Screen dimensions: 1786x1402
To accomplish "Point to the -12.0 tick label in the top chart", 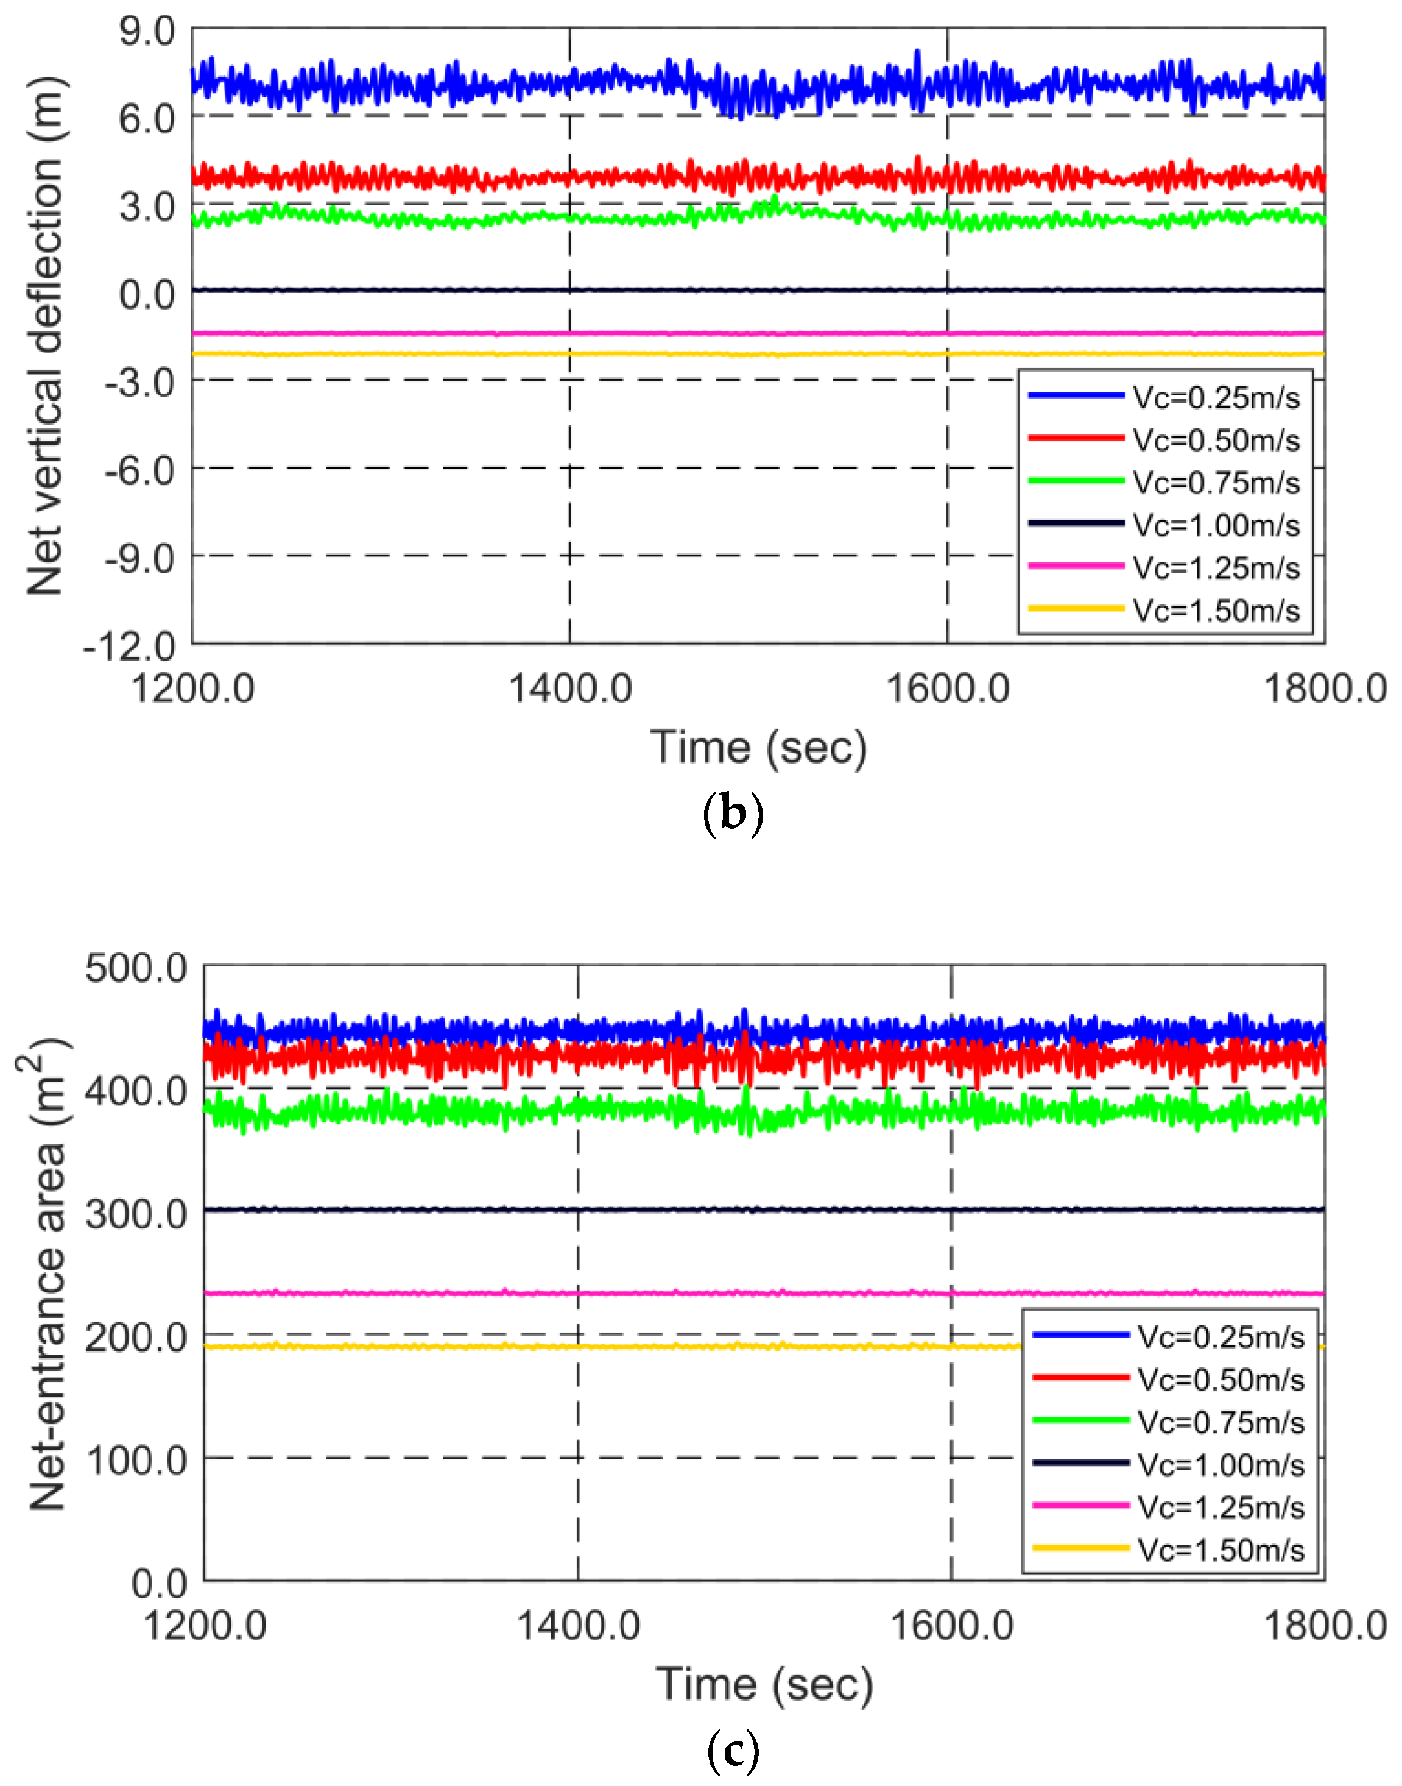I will (129, 647).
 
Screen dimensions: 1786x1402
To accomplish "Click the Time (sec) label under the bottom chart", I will (763, 1684).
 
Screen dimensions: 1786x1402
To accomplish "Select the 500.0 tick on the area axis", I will (136, 968).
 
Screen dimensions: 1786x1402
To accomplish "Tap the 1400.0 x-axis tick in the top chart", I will (569, 688).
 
